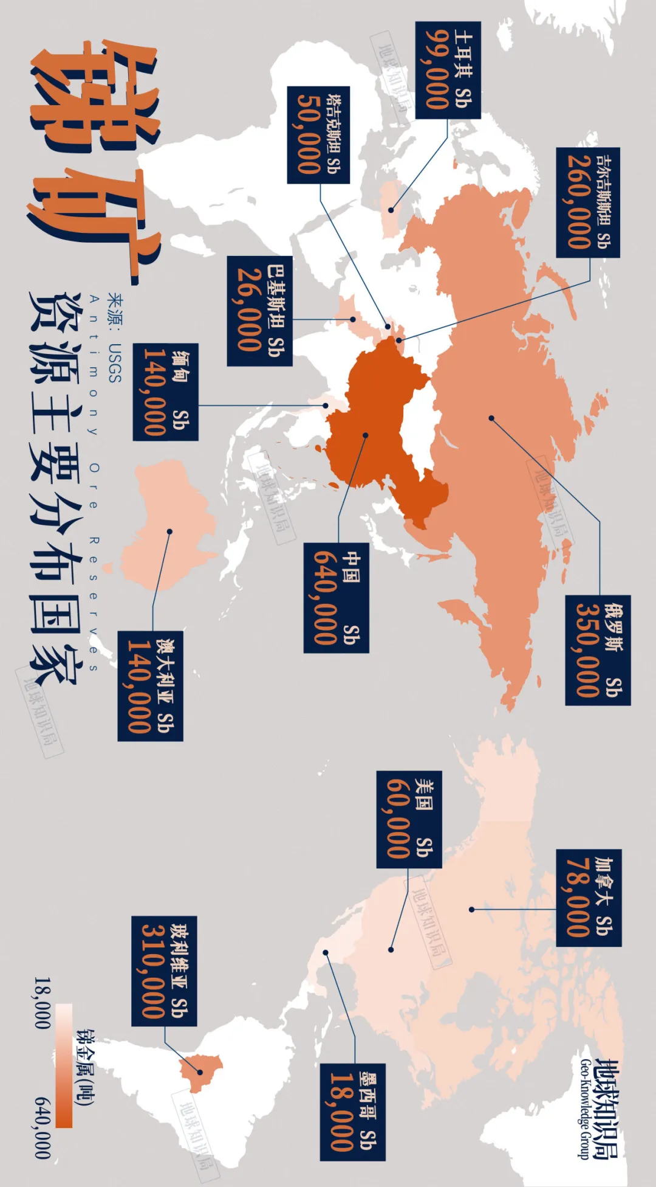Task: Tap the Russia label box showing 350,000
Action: [598, 650]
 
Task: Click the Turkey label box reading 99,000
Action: [448, 70]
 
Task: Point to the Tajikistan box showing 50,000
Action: [318, 135]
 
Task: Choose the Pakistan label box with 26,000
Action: [259, 311]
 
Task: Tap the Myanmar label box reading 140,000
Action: [165, 392]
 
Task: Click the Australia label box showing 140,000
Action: [150, 686]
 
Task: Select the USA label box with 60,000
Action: [409, 819]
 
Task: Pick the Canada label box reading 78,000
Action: [589, 898]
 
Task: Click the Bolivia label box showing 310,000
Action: [164, 971]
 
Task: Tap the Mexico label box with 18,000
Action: [353, 1112]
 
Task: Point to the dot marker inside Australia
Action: [170, 531]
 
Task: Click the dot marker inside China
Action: [366, 435]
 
